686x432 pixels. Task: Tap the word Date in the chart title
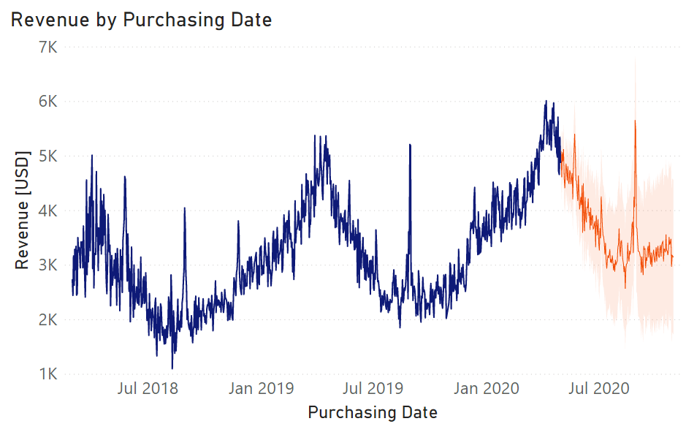pyautogui.click(x=249, y=20)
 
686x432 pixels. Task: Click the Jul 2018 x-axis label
pyautogui.click(x=148, y=388)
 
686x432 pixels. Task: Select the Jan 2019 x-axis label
pyautogui.click(x=261, y=388)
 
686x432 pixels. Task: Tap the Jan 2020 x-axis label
pyautogui.click(x=487, y=388)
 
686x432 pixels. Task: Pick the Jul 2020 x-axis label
pyautogui.click(x=599, y=388)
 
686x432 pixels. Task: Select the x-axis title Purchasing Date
pyautogui.click(x=373, y=412)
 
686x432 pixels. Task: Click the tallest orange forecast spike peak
pyautogui.click(x=635, y=121)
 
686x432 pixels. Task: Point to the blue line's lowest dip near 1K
pyautogui.click(x=172, y=368)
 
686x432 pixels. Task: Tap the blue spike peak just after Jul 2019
pyautogui.click(x=410, y=145)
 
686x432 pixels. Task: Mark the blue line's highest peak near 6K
pyautogui.click(x=545, y=102)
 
